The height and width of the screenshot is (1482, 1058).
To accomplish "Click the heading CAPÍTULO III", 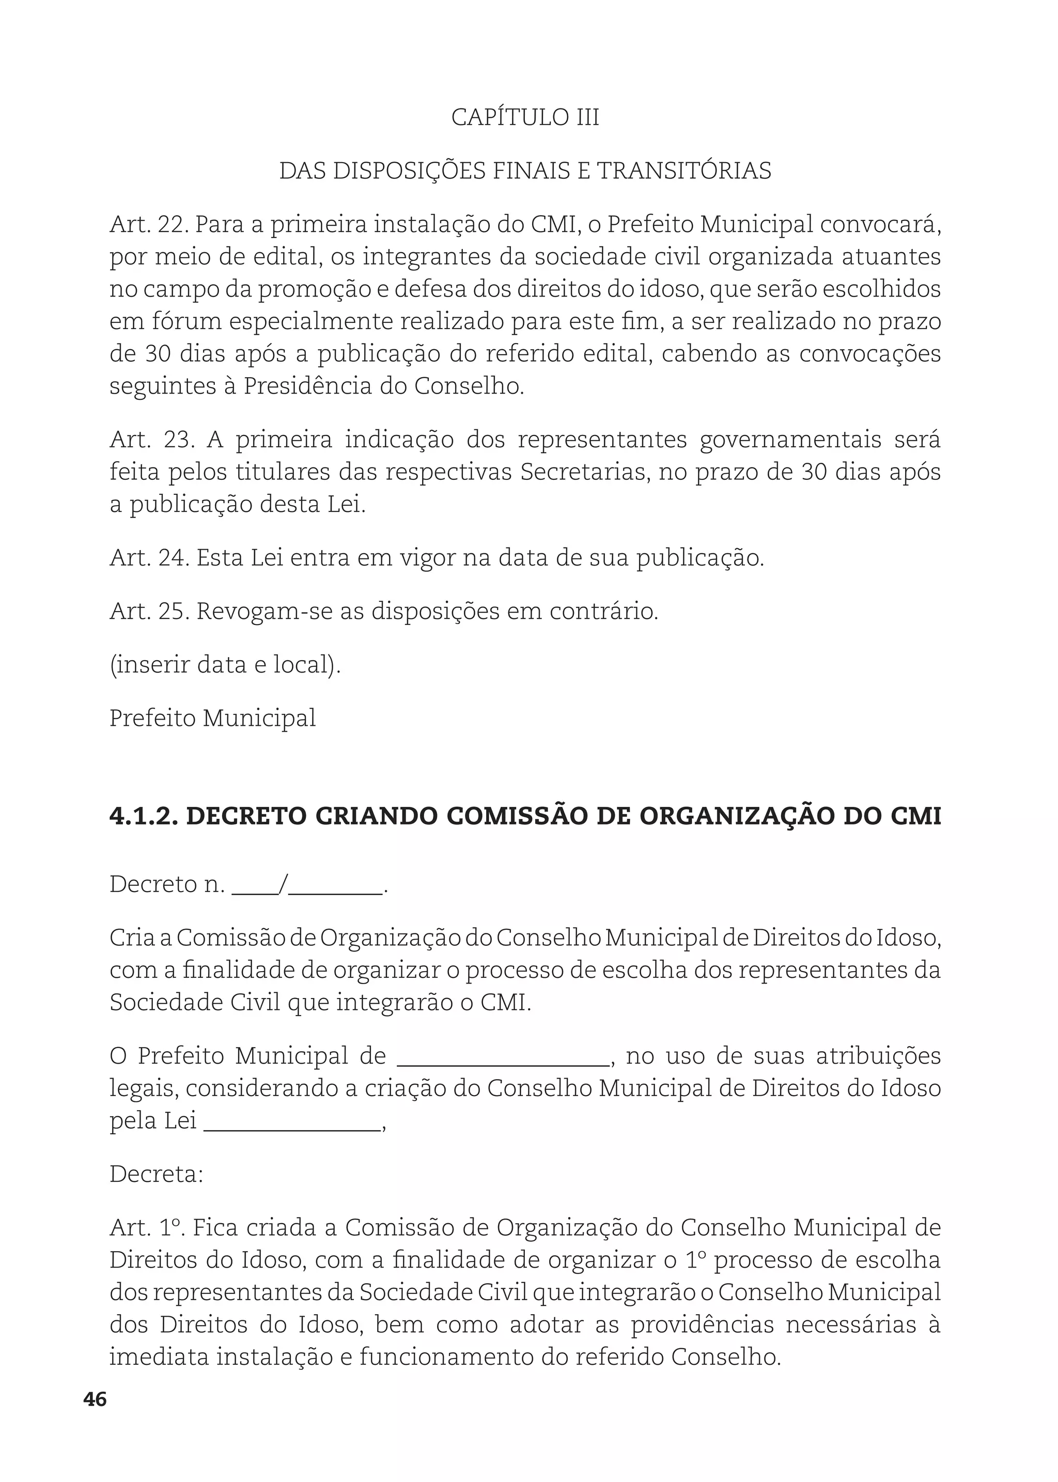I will [x=525, y=117].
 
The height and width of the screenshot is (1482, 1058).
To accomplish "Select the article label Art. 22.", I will [x=149, y=225].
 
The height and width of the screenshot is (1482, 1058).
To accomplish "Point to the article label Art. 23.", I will [x=152, y=440].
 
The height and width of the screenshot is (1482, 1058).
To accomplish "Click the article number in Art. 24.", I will [x=173, y=558].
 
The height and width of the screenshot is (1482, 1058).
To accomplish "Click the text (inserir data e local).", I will [x=225, y=665].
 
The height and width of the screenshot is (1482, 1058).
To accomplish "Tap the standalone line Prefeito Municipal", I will [x=212, y=719].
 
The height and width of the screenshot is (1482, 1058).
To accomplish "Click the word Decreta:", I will [x=157, y=1175].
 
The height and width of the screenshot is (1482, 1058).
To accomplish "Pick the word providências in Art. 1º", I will [x=702, y=1325].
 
